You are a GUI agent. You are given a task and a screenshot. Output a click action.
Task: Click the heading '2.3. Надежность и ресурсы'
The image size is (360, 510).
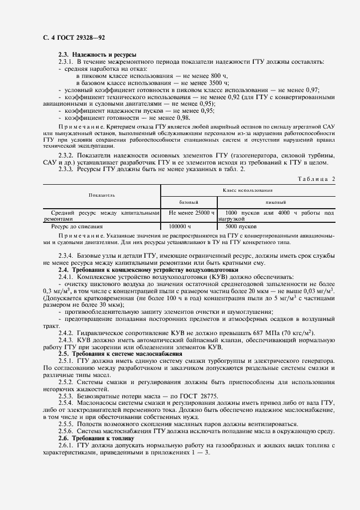coord(97,54)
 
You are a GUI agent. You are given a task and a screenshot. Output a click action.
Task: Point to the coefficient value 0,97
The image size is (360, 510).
coord(312,90)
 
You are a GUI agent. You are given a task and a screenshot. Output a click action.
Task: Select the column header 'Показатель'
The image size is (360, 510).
coord(102,195)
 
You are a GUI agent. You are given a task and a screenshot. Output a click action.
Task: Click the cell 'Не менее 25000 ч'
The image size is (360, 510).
coord(192,212)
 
